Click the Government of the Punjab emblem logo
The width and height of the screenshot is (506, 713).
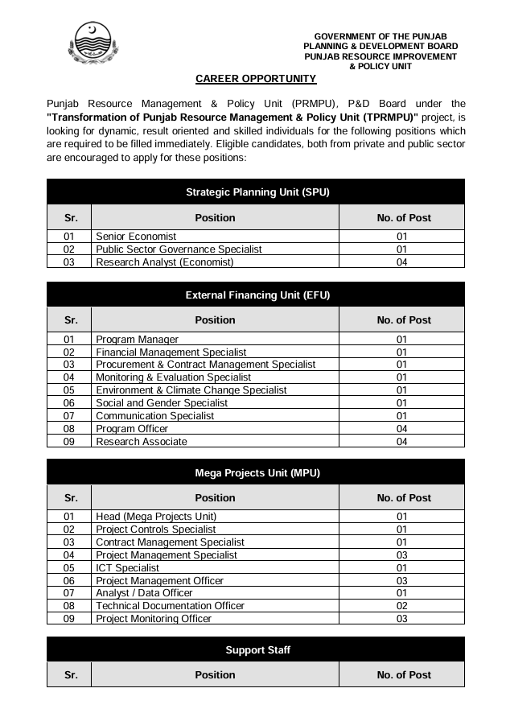coord(93,44)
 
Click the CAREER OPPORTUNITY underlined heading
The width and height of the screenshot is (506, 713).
coord(256,79)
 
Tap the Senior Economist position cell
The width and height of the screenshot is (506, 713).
coord(136,237)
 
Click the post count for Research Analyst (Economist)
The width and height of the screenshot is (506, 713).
coord(402,262)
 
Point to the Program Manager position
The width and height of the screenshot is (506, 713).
coord(137,340)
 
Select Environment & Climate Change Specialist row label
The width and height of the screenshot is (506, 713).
coord(191,390)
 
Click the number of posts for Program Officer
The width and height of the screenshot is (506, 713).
coord(402,429)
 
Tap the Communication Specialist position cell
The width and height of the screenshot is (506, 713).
coord(154,416)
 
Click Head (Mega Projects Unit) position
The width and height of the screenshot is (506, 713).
coord(156,517)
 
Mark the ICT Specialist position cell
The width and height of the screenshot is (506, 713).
coord(127,568)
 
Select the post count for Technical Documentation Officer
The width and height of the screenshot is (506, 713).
coord(402,606)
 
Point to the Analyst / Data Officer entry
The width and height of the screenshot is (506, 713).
coord(144,593)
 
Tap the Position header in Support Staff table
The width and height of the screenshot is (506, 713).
coord(215,676)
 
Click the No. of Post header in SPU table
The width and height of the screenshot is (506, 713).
coord(403,218)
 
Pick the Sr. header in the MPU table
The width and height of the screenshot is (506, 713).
coord(71,498)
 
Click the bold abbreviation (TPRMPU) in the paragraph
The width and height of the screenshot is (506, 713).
coord(379,117)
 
